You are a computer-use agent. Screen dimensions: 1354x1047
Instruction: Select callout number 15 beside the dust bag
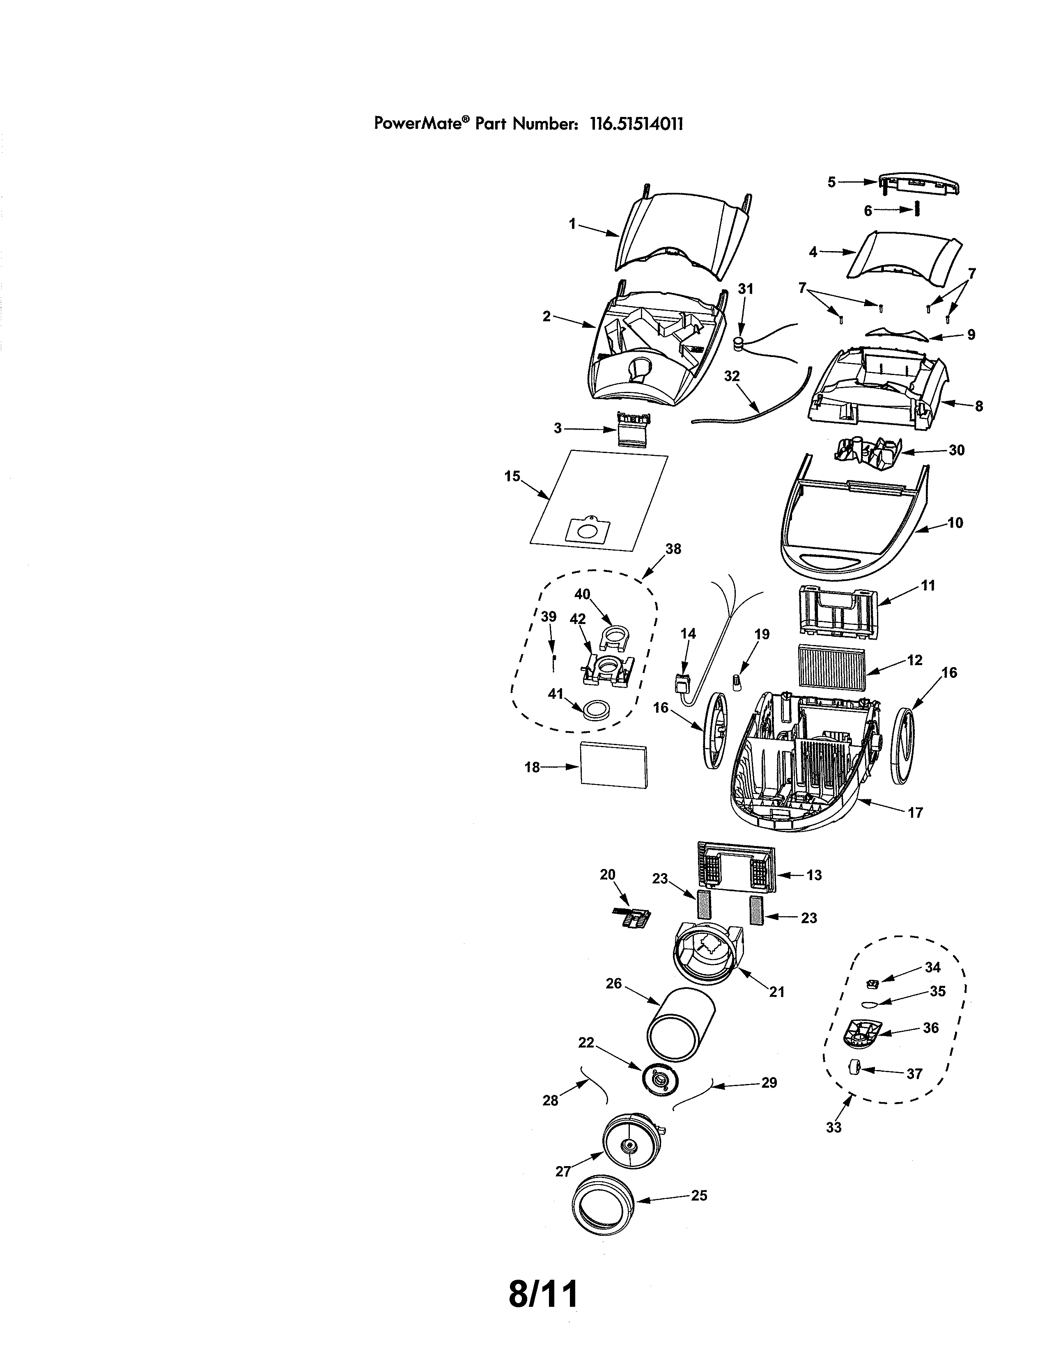pos(512,476)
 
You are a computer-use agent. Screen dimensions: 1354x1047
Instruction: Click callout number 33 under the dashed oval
pos(833,1127)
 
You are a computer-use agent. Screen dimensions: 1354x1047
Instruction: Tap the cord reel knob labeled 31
pos(739,343)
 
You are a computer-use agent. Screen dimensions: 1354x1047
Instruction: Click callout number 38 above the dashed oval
pos(673,549)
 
